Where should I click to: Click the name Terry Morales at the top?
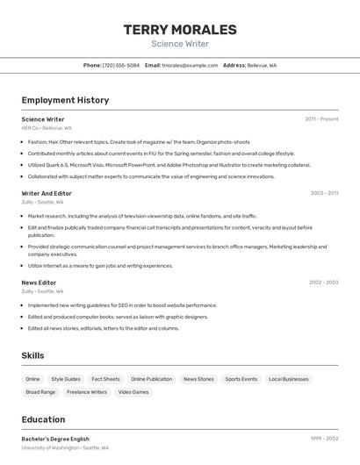[x=180, y=30]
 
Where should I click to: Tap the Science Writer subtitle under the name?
[x=180, y=44]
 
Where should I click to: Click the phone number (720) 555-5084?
[x=121, y=65]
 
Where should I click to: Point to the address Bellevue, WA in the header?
[x=262, y=65]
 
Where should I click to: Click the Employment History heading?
[x=65, y=100]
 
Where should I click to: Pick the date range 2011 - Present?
[x=321, y=119]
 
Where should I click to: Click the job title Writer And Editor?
[x=47, y=193]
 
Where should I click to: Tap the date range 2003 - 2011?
[x=324, y=193]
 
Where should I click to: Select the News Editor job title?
[x=39, y=283]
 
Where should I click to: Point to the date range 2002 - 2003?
[x=323, y=283]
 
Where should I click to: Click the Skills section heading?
[x=33, y=355]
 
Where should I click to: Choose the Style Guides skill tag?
[x=66, y=379]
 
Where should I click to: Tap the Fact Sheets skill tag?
[x=105, y=379]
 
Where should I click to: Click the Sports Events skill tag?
[x=241, y=379]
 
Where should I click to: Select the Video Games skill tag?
[x=133, y=392]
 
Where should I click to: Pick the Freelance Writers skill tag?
[x=87, y=392]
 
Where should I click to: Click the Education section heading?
[x=43, y=419]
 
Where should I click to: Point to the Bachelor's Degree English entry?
[x=55, y=438]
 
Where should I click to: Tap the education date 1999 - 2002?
[x=324, y=438]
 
